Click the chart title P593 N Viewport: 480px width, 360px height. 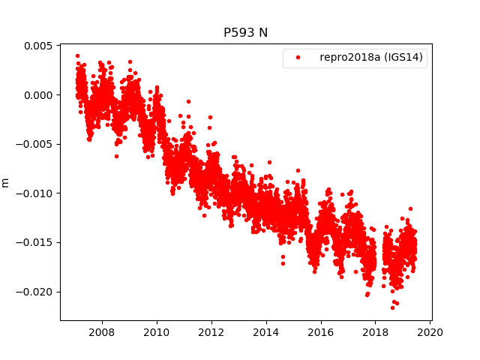[245, 32]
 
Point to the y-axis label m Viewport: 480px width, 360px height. [6, 182]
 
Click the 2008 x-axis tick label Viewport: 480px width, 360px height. [101, 332]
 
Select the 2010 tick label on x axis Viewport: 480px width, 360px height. [156, 332]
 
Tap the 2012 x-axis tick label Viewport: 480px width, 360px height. [211, 332]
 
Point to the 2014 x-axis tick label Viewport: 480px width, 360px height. [265, 332]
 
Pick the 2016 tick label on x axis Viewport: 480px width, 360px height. [321, 332]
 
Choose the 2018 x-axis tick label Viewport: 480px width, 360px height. [376, 332]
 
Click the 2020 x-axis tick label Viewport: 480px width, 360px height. [430, 332]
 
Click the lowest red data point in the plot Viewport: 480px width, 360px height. [392, 307]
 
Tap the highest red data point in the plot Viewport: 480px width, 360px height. [77, 55]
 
